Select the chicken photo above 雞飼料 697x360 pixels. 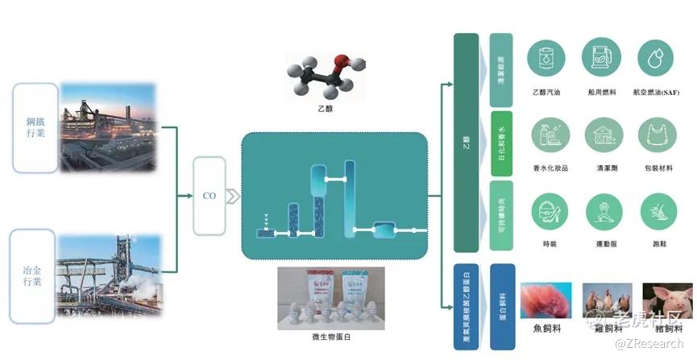tap(607, 299)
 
